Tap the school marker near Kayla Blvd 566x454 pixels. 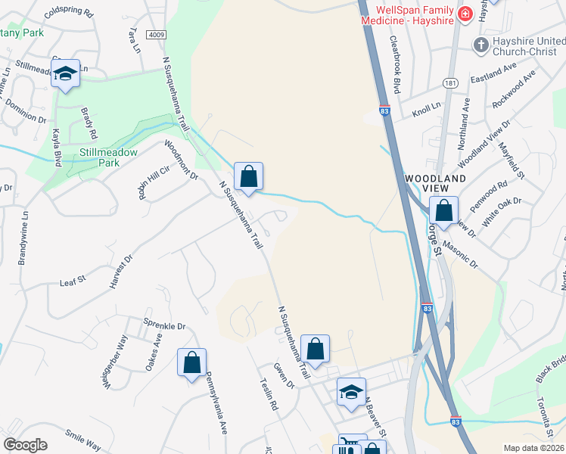(x=66, y=73)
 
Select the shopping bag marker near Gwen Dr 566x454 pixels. (x=316, y=349)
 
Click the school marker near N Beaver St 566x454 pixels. (x=351, y=392)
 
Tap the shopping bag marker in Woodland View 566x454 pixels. (x=444, y=209)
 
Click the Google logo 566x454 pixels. (x=26, y=445)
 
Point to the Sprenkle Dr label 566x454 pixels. (x=164, y=326)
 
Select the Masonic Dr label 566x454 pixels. (x=461, y=254)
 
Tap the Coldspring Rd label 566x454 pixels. (x=68, y=14)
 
